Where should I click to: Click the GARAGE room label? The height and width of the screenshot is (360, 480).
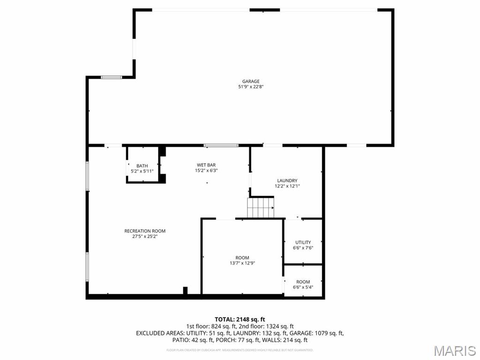(251, 81)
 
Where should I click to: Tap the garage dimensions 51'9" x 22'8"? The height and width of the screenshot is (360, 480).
(251, 87)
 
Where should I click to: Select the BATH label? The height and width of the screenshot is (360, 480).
(142, 166)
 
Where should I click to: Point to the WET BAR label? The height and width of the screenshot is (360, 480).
(206, 165)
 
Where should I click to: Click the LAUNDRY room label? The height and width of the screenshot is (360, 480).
(287, 180)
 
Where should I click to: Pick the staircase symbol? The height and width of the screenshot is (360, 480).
(261, 207)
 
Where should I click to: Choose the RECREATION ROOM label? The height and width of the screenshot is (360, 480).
(145, 231)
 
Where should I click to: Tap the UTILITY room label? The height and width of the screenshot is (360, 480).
(303, 242)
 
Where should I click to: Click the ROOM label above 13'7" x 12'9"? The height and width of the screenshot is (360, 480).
(242, 257)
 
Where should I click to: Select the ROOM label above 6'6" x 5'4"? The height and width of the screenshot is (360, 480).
(303, 282)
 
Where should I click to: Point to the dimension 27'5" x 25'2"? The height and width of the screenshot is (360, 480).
(145, 237)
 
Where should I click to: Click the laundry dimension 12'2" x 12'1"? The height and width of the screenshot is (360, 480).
(287, 186)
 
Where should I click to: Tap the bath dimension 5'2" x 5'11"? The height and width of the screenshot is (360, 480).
(142, 171)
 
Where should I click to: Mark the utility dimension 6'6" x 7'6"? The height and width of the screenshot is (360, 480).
(303, 248)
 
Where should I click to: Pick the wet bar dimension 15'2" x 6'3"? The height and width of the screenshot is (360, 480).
(206, 171)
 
